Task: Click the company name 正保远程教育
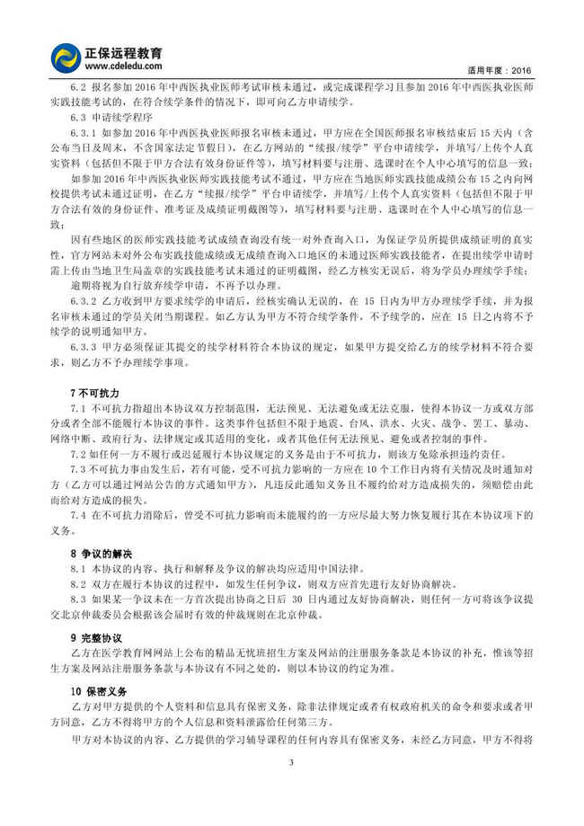coord(124,53)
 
